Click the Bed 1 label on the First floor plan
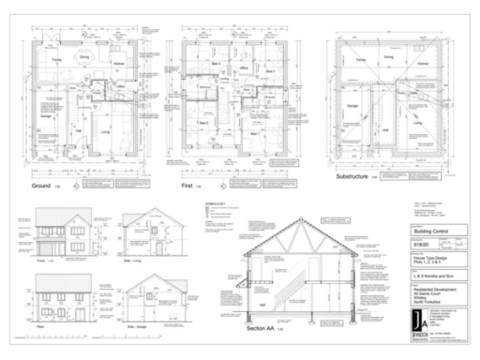point(255,134)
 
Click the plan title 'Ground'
point(42,186)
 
